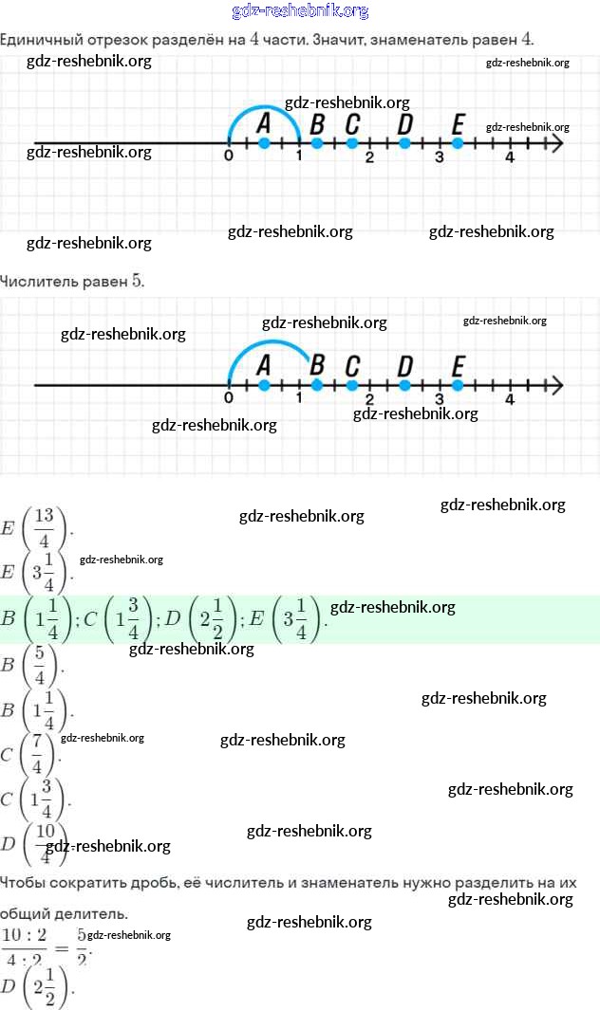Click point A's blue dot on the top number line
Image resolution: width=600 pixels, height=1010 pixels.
tap(264, 143)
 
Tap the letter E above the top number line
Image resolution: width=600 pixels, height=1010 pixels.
tap(459, 124)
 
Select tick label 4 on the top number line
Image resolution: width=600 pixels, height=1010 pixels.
tap(510, 157)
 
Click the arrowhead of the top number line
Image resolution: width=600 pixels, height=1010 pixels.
tap(556, 143)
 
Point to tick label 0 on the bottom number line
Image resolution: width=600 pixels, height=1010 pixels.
tap(229, 399)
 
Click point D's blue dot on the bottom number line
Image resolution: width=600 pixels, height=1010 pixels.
tap(405, 385)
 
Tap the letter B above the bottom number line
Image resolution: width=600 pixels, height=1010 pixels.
tap(317, 365)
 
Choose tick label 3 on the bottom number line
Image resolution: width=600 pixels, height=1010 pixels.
tap(440, 399)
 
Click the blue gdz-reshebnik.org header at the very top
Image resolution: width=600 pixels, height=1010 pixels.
tap(300, 11)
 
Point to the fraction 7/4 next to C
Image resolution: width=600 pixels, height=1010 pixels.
tap(39, 755)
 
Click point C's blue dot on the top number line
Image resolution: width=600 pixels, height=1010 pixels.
tap(352, 143)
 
